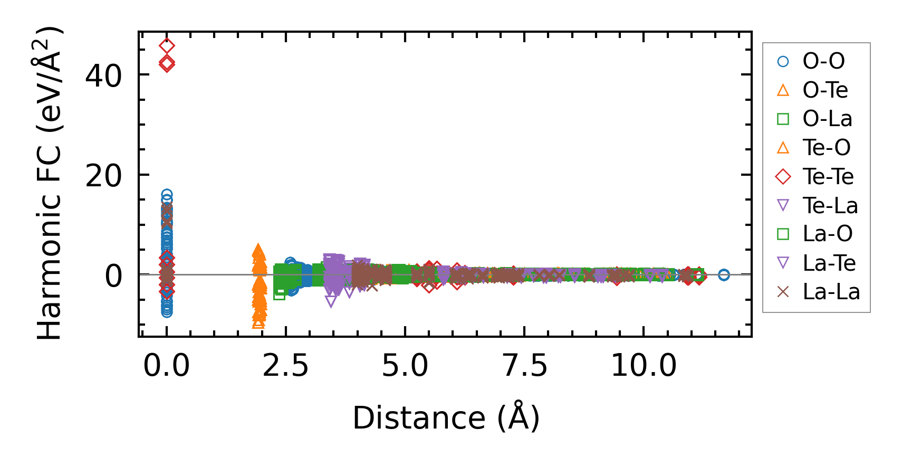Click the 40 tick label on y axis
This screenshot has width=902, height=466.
point(103,75)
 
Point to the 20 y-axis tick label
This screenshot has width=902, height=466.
point(103,175)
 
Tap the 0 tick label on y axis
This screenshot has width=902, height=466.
point(113,275)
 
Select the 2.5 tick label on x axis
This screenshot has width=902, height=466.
point(285,365)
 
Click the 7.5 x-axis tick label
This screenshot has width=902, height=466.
point(524,365)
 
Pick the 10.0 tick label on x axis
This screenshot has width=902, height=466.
point(644,365)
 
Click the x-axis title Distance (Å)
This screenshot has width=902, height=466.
point(446,418)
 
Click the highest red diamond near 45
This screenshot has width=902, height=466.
point(167,46)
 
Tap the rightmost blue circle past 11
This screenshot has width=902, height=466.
point(724,274)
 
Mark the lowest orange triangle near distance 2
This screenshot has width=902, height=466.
point(258,322)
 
